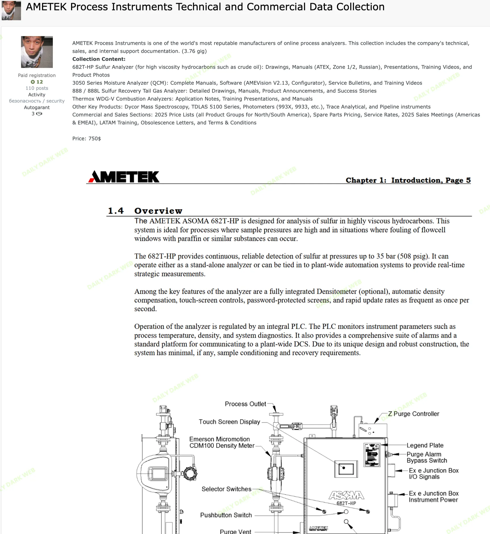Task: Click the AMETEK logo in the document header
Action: [124, 177]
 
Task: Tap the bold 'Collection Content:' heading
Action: [99, 59]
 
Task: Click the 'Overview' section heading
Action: [158, 211]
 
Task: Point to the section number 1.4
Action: [116, 211]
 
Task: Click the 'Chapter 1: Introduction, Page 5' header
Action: [408, 180]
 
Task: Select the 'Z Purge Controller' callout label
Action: [413, 414]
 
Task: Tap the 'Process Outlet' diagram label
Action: [245, 404]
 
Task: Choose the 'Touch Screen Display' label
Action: [229, 422]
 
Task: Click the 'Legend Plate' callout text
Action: [425, 445]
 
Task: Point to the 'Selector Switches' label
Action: [226, 489]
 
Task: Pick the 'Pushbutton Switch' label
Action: [226, 515]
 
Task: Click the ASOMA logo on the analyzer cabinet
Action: [347, 495]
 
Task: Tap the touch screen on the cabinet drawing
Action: [346, 469]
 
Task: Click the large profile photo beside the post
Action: [37, 52]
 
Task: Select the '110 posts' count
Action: [37, 88]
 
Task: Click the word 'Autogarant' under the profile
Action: [37, 107]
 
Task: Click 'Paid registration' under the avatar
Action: [37, 75]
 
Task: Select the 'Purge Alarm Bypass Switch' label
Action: [426, 457]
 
